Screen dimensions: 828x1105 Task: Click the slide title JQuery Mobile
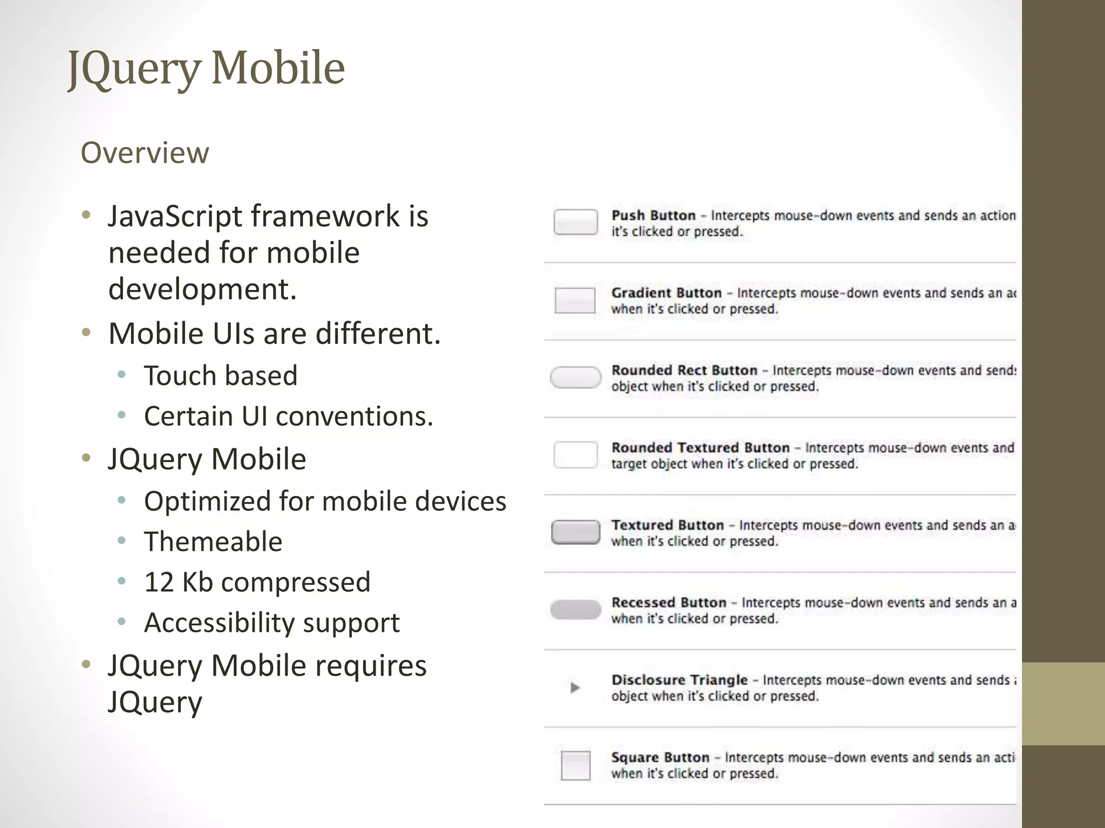coord(206,68)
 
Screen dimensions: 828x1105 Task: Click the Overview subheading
coord(145,153)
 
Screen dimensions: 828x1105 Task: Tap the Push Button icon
coord(576,222)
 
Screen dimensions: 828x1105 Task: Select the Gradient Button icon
coord(575,300)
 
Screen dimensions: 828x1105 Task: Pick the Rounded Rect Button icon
coord(576,377)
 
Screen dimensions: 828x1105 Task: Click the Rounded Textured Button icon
coord(576,455)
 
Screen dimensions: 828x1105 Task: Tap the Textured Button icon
coord(576,533)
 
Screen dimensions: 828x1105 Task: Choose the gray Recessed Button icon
coord(576,610)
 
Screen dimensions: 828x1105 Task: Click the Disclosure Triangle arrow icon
coord(575,688)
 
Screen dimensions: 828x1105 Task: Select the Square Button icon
coord(576,765)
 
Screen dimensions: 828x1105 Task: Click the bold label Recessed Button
coord(669,603)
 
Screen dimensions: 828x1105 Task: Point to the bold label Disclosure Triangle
coord(679,680)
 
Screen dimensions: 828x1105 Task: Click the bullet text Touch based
coord(221,376)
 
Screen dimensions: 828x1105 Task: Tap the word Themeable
coord(213,542)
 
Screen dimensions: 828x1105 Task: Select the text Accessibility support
coord(272,623)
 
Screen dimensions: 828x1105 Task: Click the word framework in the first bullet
coord(325,217)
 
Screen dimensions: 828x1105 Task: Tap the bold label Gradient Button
coord(666,293)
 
